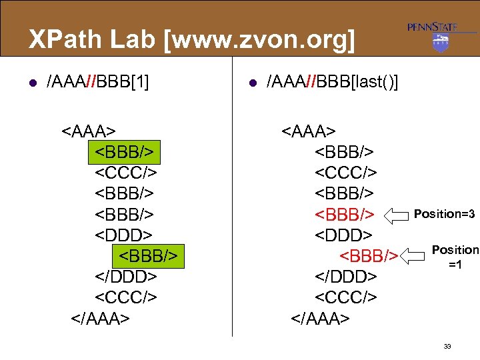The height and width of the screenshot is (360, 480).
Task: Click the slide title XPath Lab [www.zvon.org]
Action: (192, 40)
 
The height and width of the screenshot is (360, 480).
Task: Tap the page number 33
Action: (447, 346)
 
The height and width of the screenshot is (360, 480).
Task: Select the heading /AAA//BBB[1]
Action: (97, 82)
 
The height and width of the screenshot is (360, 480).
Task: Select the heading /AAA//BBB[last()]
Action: (332, 82)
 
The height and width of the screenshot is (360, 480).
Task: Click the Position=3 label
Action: (444, 214)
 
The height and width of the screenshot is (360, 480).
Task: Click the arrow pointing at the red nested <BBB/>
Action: (413, 255)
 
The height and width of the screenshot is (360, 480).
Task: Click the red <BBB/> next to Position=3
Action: (346, 215)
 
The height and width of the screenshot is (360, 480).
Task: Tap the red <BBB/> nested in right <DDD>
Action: (369, 256)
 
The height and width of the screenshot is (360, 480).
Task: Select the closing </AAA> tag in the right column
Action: (320, 318)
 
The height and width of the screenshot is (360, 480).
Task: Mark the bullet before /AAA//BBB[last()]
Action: (253, 83)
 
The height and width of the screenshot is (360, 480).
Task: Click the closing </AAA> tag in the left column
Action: (100, 318)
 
